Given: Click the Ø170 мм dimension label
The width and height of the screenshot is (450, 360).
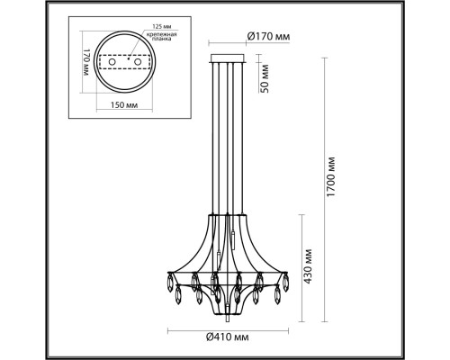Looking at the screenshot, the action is [x=269, y=37].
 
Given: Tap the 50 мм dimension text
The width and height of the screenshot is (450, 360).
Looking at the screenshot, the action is [x=265, y=78].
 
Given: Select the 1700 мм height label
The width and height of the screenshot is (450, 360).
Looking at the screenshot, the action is [x=330, y=176].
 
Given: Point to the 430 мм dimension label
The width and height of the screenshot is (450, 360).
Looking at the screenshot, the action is [x=308, y=266].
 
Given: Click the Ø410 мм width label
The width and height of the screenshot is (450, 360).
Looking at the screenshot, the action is [x=228, y=337].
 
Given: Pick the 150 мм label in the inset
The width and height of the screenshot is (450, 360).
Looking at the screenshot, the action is [x=124, y=105].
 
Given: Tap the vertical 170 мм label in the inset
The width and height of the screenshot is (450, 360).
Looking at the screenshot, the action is [x=86, y=62].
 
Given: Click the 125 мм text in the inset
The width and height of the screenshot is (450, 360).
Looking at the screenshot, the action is [x=159, y=26].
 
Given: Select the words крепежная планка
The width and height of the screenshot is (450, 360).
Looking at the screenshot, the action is [x=161, y=37].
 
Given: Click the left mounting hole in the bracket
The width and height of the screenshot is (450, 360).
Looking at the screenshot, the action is [x=112, y=62].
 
